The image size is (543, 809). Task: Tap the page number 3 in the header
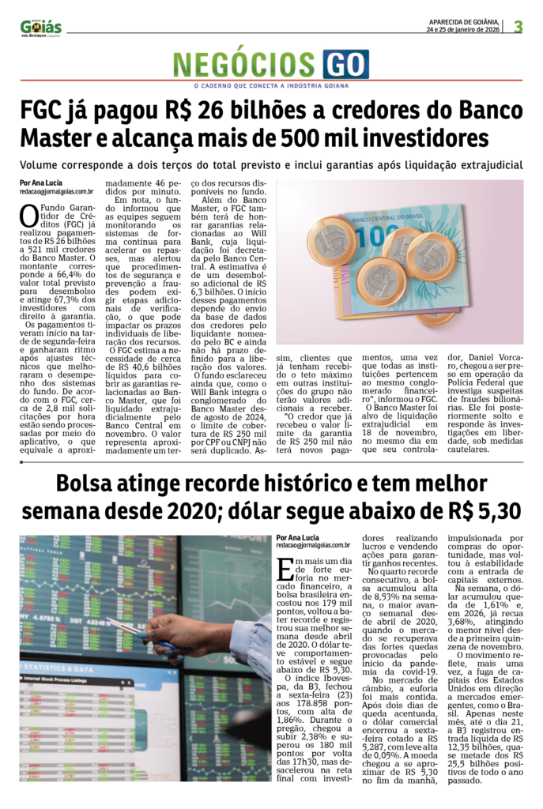point(518,26)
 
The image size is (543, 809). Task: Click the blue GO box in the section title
point(345,63)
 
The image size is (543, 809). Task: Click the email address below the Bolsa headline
point(313,545)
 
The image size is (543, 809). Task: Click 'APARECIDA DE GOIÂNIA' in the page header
point(464,22)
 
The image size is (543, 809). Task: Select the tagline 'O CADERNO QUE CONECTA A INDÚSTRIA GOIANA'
point(271,85)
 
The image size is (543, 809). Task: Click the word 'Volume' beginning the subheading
point(42,166)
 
